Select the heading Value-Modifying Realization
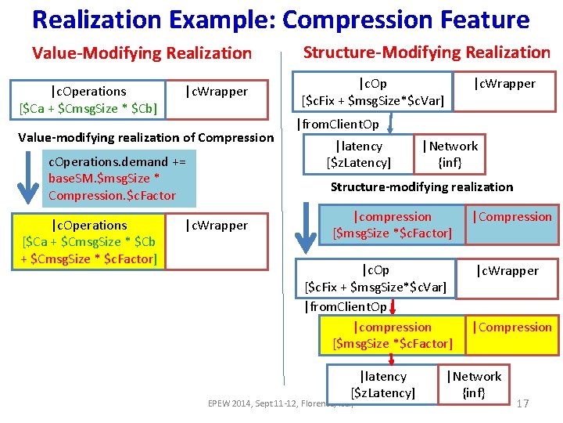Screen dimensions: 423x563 click(x=142, y=53)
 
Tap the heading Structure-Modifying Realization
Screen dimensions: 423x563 click(x=427, y=52)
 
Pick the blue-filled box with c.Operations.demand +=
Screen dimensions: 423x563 click(x=119, y=178)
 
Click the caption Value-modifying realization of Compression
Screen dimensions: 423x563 click(x=145, y=138)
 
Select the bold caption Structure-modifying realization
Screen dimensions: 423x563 click(x=421, y=187)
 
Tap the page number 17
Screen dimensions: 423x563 click(x=522, y=403)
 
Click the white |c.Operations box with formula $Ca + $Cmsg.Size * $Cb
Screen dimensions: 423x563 click(x=88, y=99)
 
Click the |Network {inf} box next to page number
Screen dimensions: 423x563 click(x=474, y=385)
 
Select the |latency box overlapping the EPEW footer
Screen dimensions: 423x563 click(x=383, y=385)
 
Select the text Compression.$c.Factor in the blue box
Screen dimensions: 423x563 click(x=112, y=195)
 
